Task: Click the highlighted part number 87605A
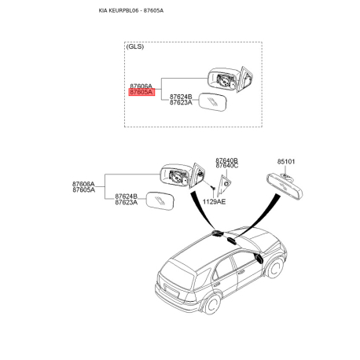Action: (142, 92)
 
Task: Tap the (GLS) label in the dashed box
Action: (135, 48)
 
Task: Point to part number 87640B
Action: (226, 160)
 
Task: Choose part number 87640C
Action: (226, 167)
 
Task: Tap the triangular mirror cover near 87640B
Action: (226, 186)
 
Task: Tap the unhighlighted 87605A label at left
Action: (83, 189)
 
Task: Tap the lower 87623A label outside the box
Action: (127, 203)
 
